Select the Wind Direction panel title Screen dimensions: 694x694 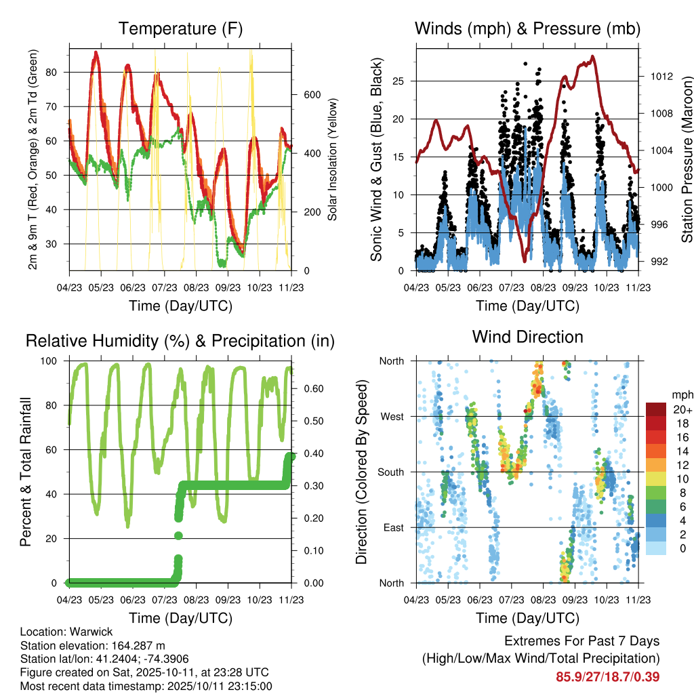(527, 337)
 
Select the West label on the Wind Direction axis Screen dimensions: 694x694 (392, 416)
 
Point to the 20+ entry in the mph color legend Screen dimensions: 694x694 (682, 409)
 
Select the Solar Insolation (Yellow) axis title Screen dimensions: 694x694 (333, 159)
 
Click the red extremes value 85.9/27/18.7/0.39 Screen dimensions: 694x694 (608, 676)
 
